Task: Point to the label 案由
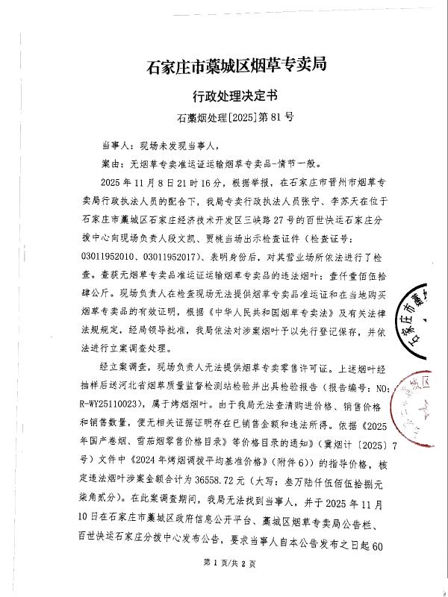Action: click(111, 162)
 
